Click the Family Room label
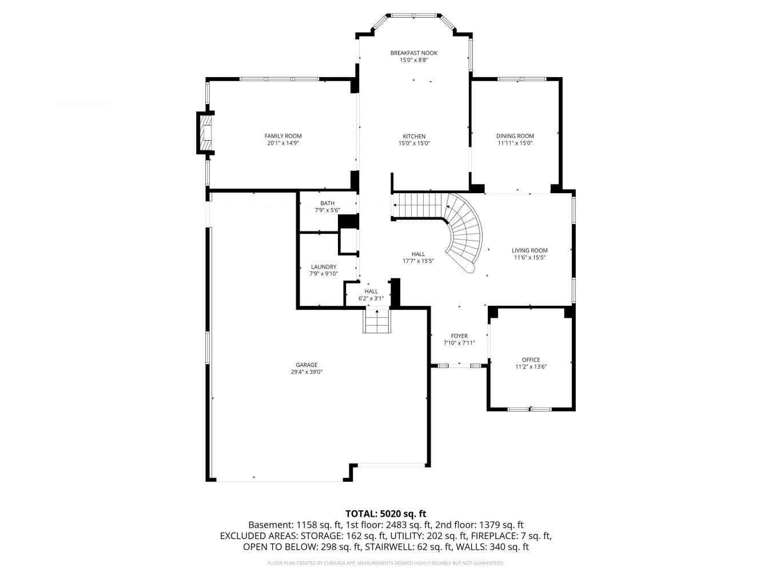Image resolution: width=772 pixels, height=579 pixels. tap(282, 136)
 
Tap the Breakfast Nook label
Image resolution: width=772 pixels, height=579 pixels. tap(413, 53)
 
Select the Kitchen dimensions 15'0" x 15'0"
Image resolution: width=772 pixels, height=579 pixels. tap(414, 143)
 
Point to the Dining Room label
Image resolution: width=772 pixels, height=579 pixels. tap(515, 136)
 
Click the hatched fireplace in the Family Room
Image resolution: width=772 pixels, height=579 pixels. tap(205, 133)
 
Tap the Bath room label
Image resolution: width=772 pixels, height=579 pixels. tap(327, 203)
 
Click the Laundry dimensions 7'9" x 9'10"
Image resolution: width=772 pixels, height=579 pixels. tap(323, 274)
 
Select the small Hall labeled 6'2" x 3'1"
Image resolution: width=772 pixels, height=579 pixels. tap(371, 294)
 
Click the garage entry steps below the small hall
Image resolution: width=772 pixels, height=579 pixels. tap(377, 320)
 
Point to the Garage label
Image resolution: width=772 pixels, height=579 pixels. tap(307, 365)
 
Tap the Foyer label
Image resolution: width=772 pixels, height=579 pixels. tap(459, 336)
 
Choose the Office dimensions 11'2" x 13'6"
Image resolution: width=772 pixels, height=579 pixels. tap(531, 367)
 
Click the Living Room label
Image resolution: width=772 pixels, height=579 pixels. tap(530, 251)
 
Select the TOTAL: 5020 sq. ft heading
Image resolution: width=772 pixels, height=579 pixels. tap(385, 514)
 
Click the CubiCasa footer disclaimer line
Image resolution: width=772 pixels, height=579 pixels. tap(385, 563)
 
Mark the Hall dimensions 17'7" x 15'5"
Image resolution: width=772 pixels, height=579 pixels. tap(418, 261)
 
